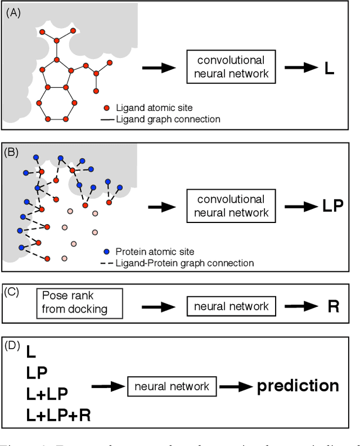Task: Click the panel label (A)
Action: (x=12, y=12)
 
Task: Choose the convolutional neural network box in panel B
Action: (x=232, y=206)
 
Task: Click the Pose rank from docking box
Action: (x=79, y=303)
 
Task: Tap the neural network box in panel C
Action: (x=231, y=307)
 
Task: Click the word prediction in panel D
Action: (x=298, y=386)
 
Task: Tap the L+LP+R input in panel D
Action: (x=58, y=416)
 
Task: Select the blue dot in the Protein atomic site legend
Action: (x=107, y=252)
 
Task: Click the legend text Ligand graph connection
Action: (x=168, y=119)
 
